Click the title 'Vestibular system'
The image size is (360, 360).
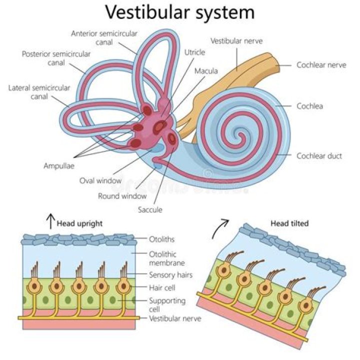pos(180,12)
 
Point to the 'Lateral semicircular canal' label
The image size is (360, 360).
pos(39,92)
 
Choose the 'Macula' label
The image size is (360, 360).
pos(206,71)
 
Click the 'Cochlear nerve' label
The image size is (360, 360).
pos(321,65)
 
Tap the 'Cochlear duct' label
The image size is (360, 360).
pos(319,156)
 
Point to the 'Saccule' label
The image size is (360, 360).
pos(150,209)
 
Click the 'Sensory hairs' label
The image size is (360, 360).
pos(170,274)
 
